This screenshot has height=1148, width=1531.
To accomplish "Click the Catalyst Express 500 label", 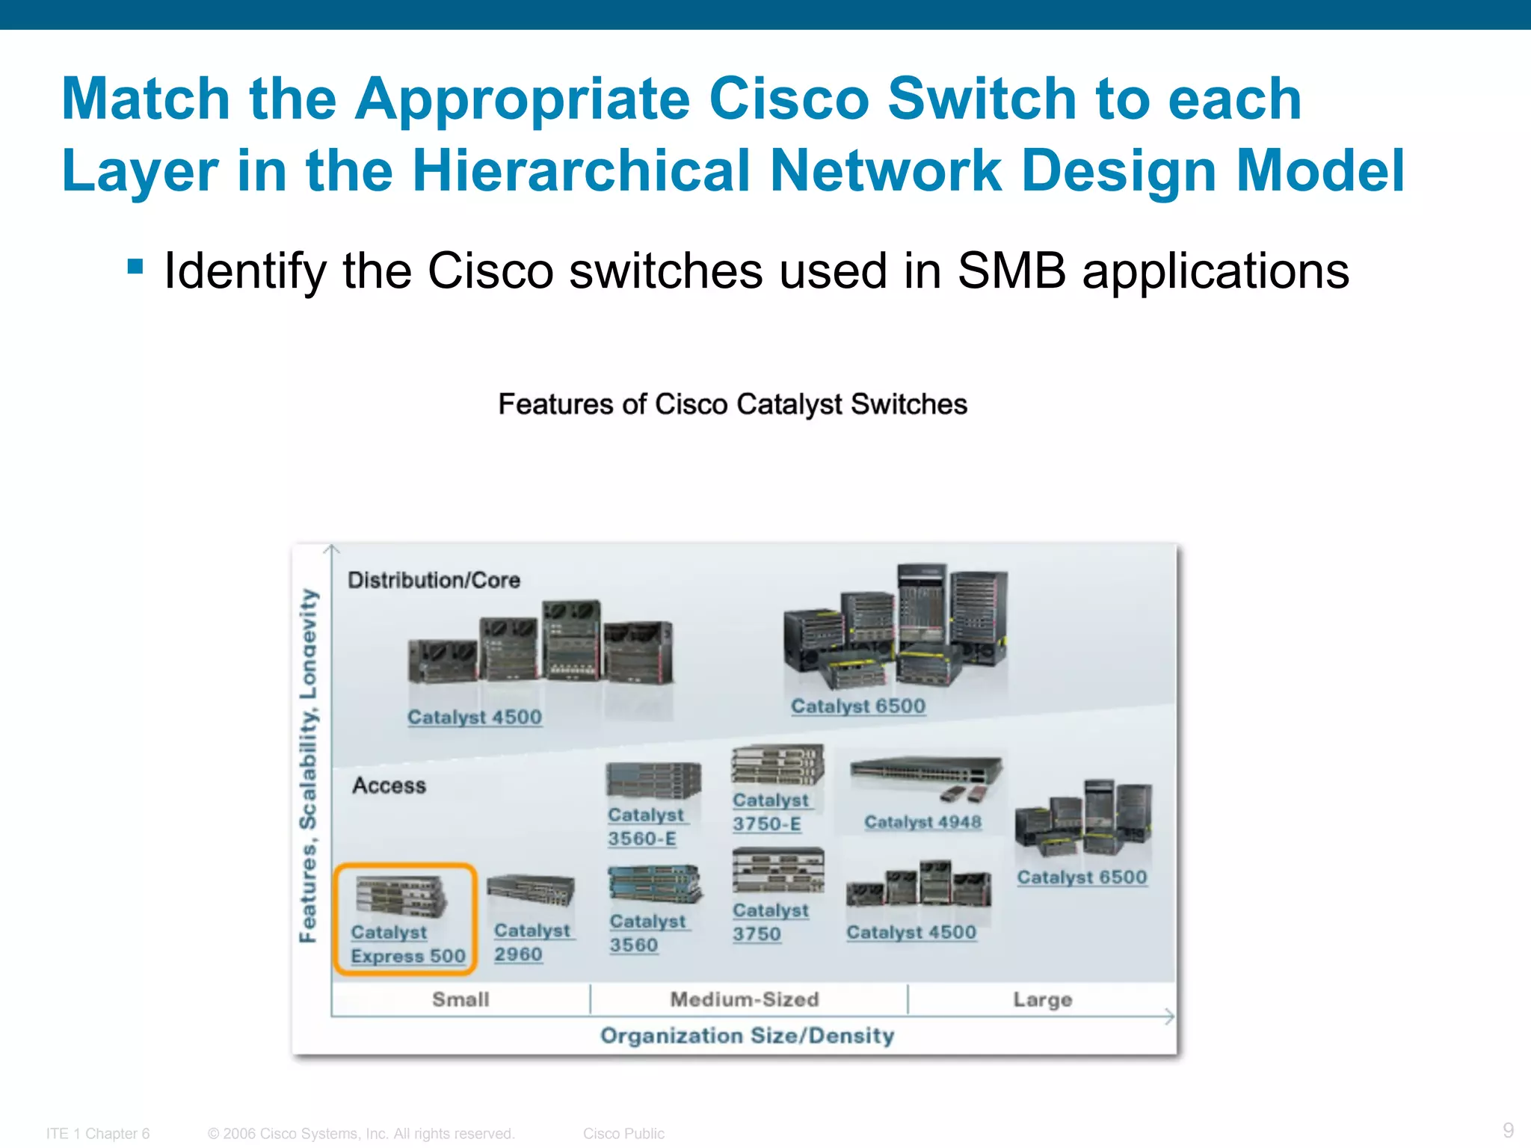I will pyautogui.click(x=407, y=944).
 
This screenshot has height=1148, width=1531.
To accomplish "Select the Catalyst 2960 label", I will pyautogui.click(x=532, y=942).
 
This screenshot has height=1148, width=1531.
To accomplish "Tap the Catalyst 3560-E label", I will pyautogui.click(x=645, y=827).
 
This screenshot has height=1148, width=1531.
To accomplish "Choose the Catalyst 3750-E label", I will pyautogui.click(x=770, y=812).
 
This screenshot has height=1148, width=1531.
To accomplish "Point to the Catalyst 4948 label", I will pyautogui.click(x=922, y=822).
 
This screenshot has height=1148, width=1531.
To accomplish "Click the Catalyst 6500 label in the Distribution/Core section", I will pyautogui.click(x=858, y=706).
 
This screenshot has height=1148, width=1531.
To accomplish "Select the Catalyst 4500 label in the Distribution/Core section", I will pyautogui.click(x=475, y=717).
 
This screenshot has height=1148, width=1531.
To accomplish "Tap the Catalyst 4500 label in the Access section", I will pyautogui.click(x=911, y=933).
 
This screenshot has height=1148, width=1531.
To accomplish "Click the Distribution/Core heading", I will pyautogui.click(x=434, y=580).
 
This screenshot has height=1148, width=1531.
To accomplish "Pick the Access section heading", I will pyautogui.click(x=389, y=786).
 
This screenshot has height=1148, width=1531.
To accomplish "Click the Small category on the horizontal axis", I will pyautogui.click(x=460, y=999).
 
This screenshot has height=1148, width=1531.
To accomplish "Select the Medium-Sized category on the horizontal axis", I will pyautogui.click(x=745, y=999).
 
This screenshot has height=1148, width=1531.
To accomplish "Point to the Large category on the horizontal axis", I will pyautogui.click(x=1042, y=1000).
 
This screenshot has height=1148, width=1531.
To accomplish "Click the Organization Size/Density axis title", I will pyautogui.click(x=747, y=1036).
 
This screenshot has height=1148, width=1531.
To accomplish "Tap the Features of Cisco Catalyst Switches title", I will pyautogui.click(x=733, y=404).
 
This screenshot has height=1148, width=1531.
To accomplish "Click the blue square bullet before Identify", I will pyautogui.click(x=135, y=267).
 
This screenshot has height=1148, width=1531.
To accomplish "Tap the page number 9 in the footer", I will pyautogui.click(x=1508, y=1130).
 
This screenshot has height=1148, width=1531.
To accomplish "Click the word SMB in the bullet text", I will pyautogui.click(x=1011, y=271).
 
